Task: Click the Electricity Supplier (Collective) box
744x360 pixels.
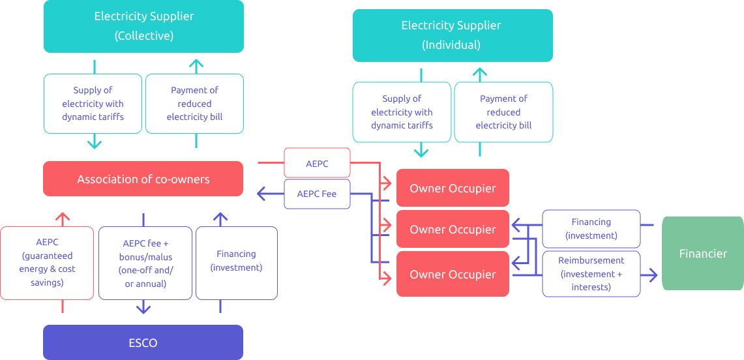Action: tap(143, 26)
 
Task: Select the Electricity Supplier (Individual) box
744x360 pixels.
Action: tap(453, 35)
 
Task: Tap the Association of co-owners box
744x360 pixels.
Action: tap(143, 179)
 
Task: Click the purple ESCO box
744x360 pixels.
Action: tap(143, 342)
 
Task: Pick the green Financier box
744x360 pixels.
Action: tap(702, 253)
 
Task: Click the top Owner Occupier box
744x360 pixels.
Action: tap(453, 188)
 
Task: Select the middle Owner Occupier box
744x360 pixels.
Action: tap(453, 230)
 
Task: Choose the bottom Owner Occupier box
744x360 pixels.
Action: tap(453, 274)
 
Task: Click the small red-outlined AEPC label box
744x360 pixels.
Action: tap(317, 163)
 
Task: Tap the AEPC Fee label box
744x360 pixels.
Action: tap(317, 194)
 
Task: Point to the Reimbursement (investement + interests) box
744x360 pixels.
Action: tap(591, 274)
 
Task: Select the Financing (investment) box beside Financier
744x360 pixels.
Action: tap(591, 229)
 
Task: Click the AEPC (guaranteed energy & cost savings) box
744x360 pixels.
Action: tap(47, 262)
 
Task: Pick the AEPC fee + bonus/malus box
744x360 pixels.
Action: tap(145, 263)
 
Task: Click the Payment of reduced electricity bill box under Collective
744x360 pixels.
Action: tap(194, 104)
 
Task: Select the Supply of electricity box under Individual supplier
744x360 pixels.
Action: tap(402, 112)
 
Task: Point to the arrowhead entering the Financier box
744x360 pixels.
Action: tap(651, 275)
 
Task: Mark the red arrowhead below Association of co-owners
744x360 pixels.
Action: tap(63, 218)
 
